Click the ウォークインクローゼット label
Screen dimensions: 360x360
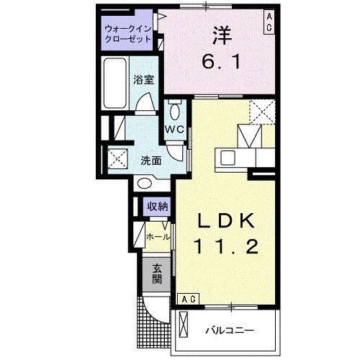[x=128, y=35]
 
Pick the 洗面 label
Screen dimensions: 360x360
[x=150, y=160]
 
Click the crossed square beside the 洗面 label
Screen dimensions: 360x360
[x=117, y=158]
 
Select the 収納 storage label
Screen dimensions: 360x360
[x=158, y=207]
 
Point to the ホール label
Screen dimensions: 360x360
[x=158, y=236]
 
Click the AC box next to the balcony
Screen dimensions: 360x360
[x=188, y=298]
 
